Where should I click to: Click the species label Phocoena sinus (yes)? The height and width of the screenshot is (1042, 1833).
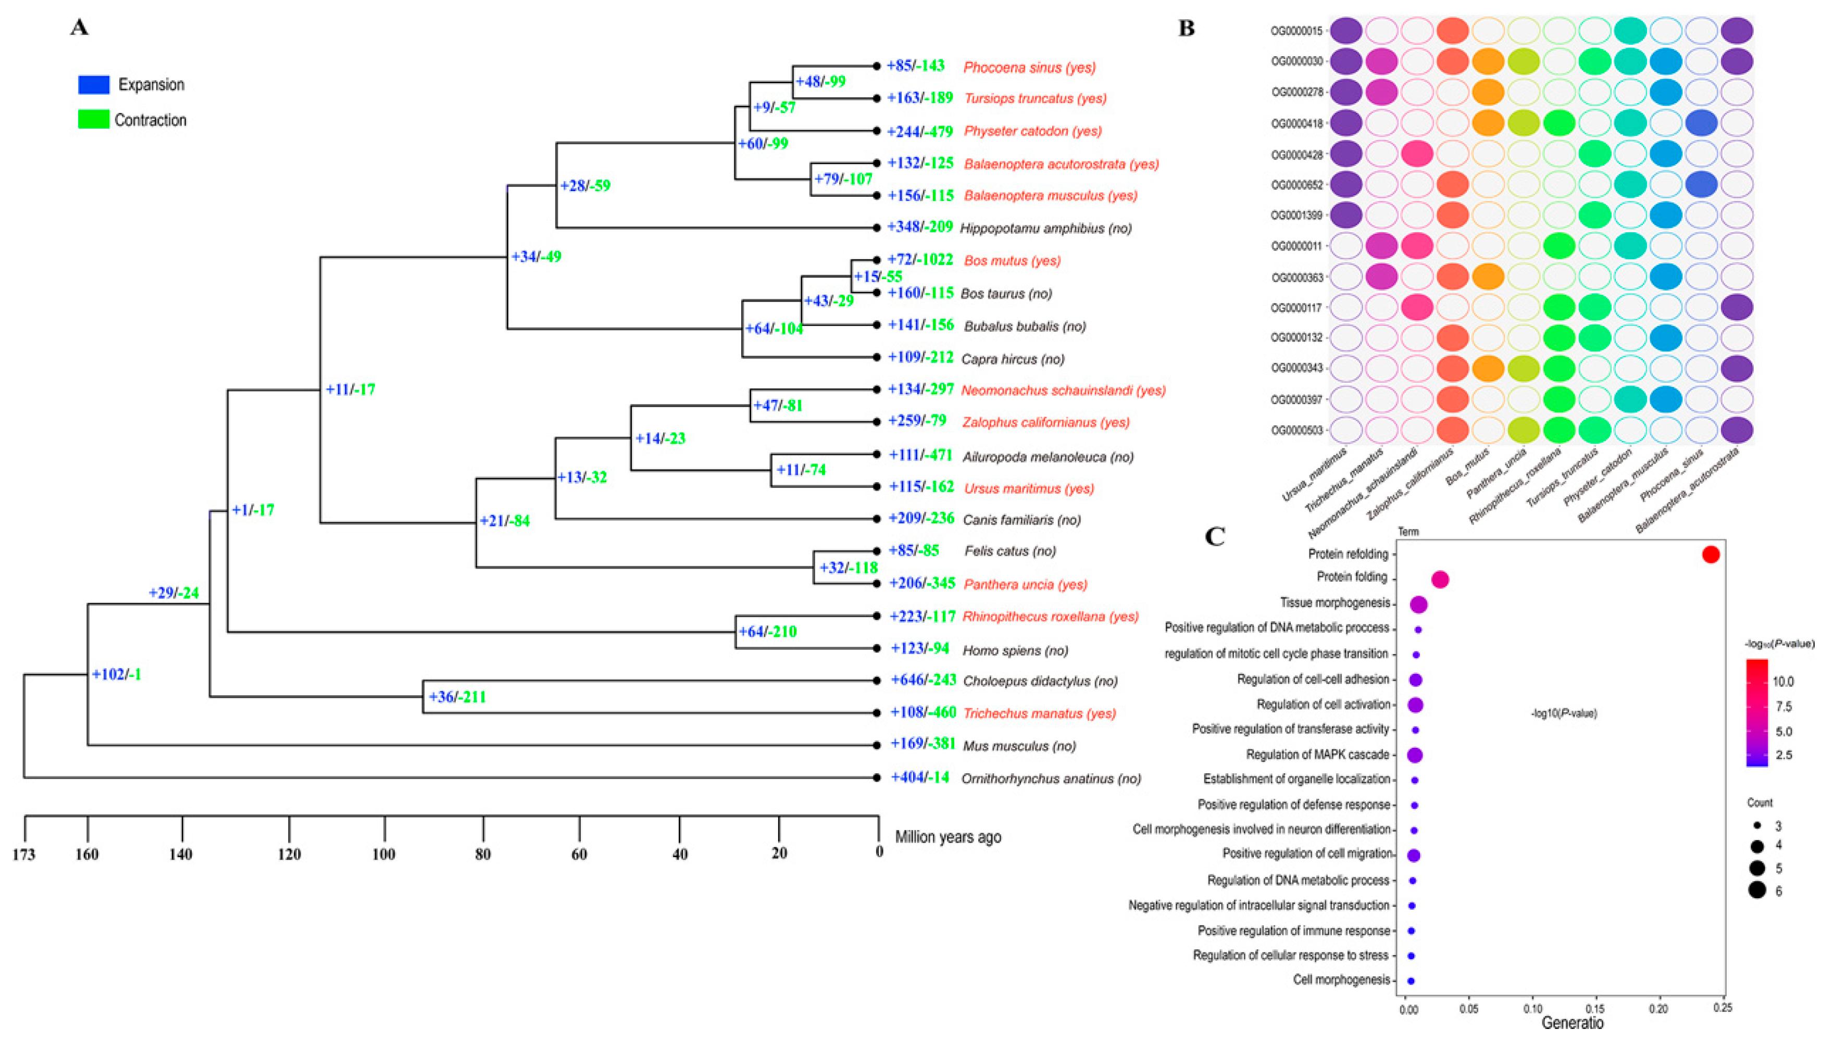coord(1029,67)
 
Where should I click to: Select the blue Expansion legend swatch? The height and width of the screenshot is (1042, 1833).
coord(94,84)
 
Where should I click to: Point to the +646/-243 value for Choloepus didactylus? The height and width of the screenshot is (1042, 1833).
coord(922,680)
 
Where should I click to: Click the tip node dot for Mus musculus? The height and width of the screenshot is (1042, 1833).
coord(876,746)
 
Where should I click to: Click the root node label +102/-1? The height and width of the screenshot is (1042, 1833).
coord(116,674)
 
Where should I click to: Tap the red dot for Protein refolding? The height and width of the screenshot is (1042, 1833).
coord(1710,555)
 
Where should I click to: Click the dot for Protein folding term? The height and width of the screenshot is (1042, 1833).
coord(1440,580)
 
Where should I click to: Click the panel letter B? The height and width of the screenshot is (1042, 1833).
coord(1186,29)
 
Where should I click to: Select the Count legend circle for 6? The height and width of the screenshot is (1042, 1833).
coord(1756,890)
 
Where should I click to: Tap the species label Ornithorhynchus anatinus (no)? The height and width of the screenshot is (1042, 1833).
coord(1051,779)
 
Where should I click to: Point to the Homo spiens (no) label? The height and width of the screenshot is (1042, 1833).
coord(1015,650)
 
